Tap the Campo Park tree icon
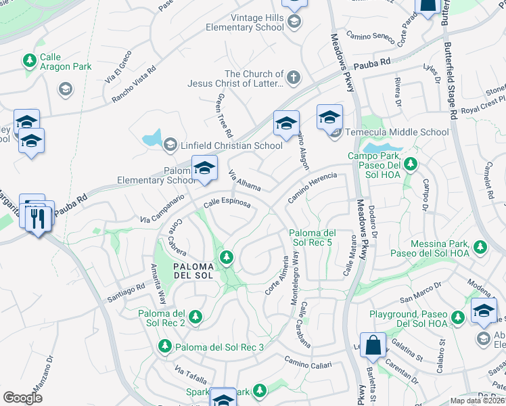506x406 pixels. [x=410, y=163]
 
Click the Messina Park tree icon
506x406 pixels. [x=481, y=247]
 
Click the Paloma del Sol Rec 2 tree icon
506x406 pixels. [x=195, y=316]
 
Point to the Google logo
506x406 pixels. [x=22, y=397]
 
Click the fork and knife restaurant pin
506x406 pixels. [x=38, y=218]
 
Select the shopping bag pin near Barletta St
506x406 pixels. [x=372, y=346]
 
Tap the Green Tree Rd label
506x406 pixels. [x=224, y=115]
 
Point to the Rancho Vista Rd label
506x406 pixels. [x=134, y=84]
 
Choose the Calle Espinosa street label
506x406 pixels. [x=227, y=202]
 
